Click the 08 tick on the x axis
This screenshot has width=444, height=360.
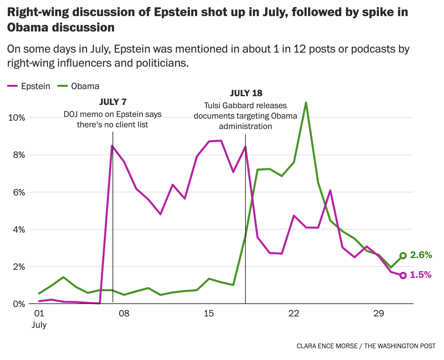tap(124, 314)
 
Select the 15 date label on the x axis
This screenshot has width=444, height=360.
tap(209, 314)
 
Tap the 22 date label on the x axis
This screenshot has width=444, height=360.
tap(294, 314)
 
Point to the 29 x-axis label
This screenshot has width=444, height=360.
tap(378, 314)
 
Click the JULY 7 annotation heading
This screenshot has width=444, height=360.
tap(113, 102)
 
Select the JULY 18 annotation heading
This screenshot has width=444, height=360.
tap(246, 93)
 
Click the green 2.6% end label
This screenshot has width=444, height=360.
tap(421, 255)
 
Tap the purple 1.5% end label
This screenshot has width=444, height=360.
tap(421, 275)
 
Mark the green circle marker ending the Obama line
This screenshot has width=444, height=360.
tap(403, 255)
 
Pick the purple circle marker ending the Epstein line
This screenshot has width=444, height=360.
tap(403, 275)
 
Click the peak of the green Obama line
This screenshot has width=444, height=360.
tap(306, 103)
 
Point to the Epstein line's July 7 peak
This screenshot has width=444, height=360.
tap(112, 146)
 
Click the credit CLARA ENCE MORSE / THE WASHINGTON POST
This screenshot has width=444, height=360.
tap(366, 346)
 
